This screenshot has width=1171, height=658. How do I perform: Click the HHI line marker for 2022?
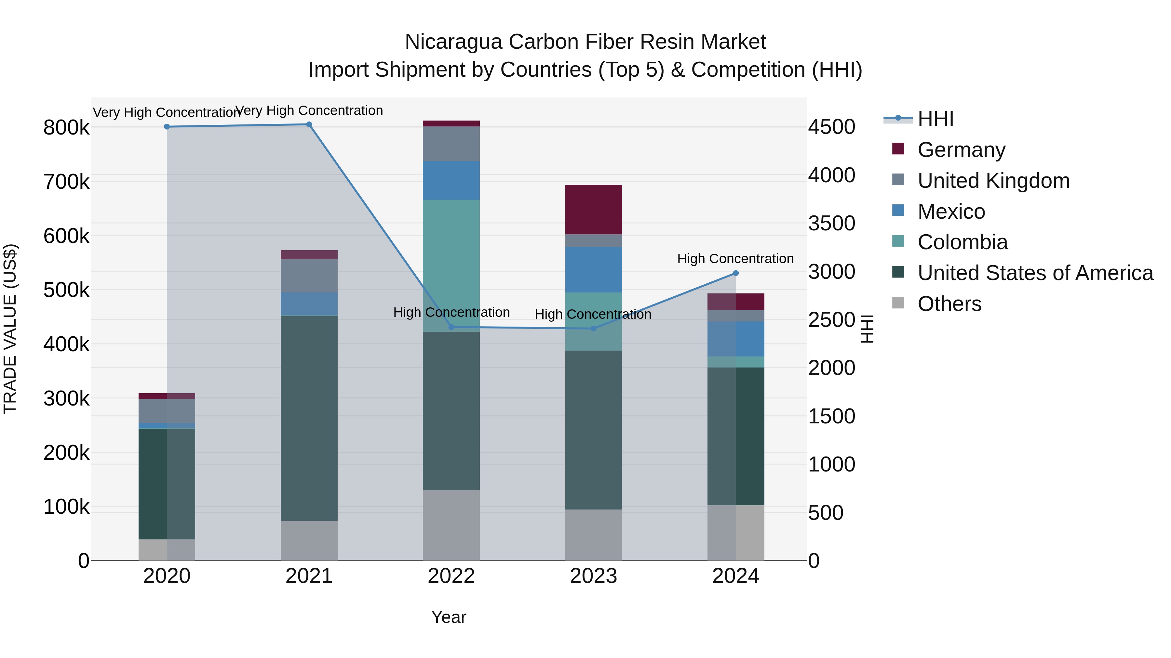tap(451, 327)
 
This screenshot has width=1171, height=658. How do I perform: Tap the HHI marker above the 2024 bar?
tap(735, 273)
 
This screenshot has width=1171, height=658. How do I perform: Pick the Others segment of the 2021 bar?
tap(309, 540)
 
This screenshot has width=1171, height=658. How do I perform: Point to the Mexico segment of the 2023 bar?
tap(593, 269)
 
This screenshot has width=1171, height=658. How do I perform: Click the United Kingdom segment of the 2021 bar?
tap(309, 275)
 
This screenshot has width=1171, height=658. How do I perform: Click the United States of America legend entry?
tap(1035, 273)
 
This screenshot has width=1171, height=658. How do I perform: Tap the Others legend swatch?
tap(898, 303)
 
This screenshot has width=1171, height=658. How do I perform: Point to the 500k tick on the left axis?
tap(66, 290)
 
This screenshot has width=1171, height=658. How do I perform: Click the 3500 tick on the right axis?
tap(831, 224)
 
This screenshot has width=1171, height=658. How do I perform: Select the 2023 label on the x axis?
tap(593, 576)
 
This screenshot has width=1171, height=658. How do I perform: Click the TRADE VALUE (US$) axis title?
tap(10, 329)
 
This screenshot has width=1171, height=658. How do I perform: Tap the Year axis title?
tap(448, 617)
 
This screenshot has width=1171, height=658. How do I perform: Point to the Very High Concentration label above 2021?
tap(309, 110)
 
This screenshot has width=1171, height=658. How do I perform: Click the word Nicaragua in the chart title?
tap(453, 42)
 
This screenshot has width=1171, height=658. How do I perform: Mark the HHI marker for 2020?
tap(167, 127)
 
